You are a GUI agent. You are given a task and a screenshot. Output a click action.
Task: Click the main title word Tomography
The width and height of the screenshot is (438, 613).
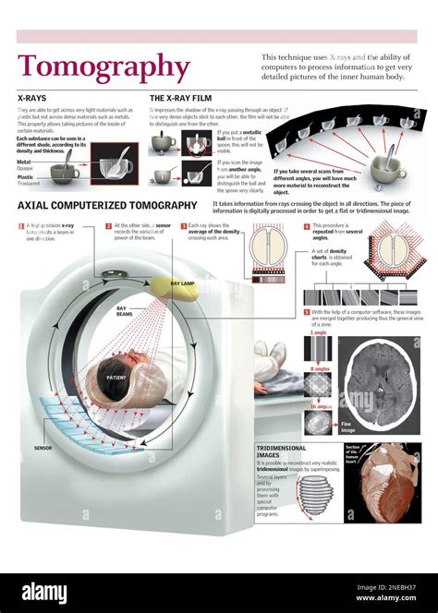click(x=103, y=66)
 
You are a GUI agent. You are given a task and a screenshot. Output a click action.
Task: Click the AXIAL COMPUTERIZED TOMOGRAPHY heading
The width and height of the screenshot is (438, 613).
click(x=107, y=205)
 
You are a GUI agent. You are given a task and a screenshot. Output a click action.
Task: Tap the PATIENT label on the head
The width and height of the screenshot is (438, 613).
click(x=116, y=378)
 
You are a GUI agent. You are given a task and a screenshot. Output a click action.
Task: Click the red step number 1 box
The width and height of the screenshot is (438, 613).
click(x=21, y=225)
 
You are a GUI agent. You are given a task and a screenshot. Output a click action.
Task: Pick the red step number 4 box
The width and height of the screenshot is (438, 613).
click(x=307, y=225)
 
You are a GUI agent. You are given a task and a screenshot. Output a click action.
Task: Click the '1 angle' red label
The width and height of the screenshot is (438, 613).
click(x=318, y=332)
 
